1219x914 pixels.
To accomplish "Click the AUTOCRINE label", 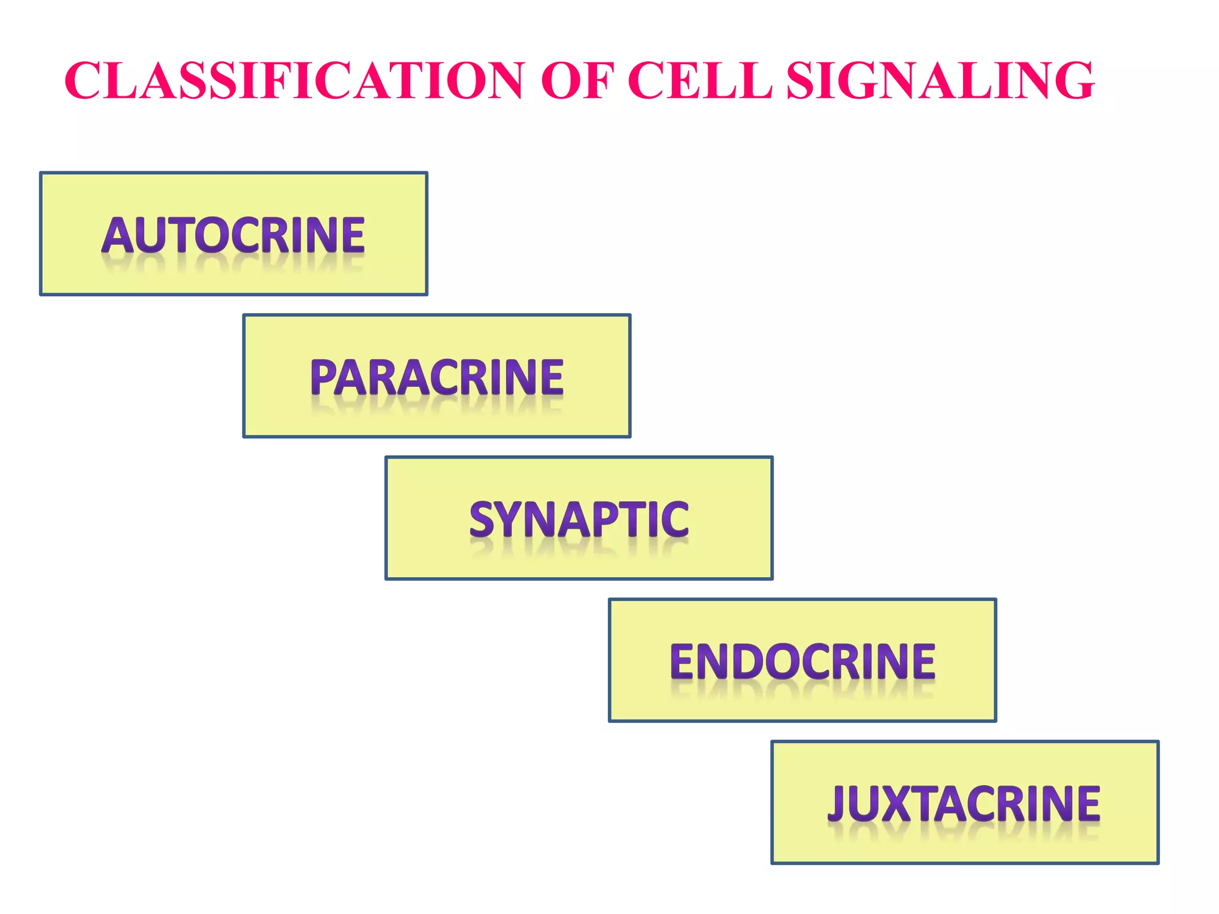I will [233, 234].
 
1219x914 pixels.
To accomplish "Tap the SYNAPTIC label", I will [579, 519].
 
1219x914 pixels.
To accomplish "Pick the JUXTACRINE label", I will [964, 803].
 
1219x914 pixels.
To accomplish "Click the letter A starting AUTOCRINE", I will [117, 235].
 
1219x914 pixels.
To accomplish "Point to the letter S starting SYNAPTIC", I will [482, 519].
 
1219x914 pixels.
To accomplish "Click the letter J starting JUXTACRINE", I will [837, 804].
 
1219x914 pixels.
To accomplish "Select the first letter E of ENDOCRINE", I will [683, 662].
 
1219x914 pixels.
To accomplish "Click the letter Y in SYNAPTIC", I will [510, 519].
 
